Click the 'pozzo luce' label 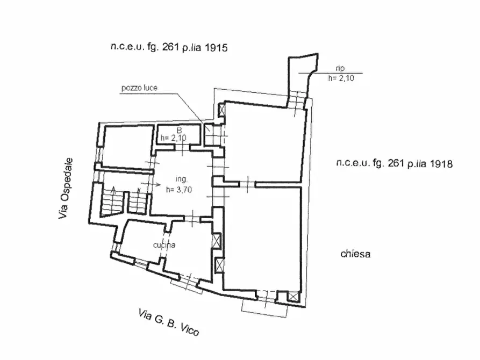point(139,88)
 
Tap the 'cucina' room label point(164,245)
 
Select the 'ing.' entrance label point(181,179)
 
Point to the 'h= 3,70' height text point(179,190)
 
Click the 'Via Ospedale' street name point(66,188)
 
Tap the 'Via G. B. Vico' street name point(169,322)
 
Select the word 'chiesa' point(355,254)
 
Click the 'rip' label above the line point(340,68)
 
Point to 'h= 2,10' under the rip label point(341,78)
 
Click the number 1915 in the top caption point(216,48)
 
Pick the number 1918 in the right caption point(441,164)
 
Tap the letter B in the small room point(180,131)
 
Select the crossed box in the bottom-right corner point(293,296)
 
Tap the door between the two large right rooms point(247,184)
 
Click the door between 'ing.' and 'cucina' point(192,219)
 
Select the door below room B point(182,148)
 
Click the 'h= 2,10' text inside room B point(173,138)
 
